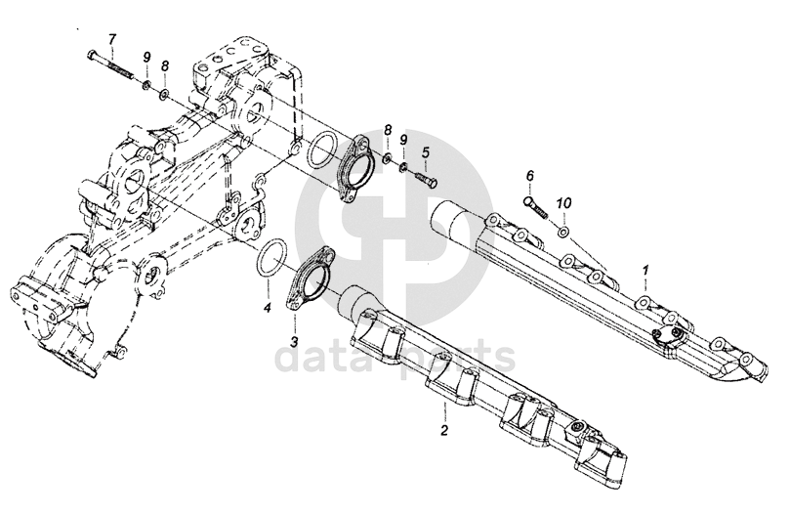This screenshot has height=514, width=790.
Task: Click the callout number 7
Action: (x=111, y=38)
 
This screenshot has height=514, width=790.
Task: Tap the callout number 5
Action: (x=426, y=152)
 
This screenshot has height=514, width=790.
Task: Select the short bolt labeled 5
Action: (x=425, y=180)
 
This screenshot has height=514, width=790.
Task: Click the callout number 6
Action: (x=530, y=176)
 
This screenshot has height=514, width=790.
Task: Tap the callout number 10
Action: (x=562, y=202)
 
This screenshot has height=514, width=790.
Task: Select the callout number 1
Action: (x=644, y=268)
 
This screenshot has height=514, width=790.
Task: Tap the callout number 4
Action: (x=267, y=307)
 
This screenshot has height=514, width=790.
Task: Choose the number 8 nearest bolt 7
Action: (x=165, y=64)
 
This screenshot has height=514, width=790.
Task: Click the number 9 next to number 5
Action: (x=403, y=140)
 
